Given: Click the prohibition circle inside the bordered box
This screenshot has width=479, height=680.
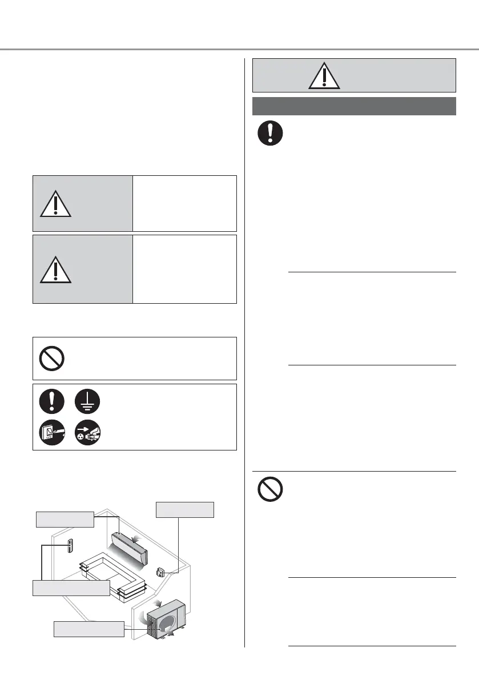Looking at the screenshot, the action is [52, 359].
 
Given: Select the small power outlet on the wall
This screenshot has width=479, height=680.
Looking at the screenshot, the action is [161, 572].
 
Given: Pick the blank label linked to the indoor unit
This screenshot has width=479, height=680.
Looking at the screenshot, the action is [64, 519].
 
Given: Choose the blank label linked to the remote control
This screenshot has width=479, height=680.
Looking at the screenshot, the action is [70, 588].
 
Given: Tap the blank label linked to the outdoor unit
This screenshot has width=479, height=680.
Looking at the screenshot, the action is [88, 629].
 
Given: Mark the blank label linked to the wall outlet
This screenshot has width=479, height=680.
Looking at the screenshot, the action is [185, 509].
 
